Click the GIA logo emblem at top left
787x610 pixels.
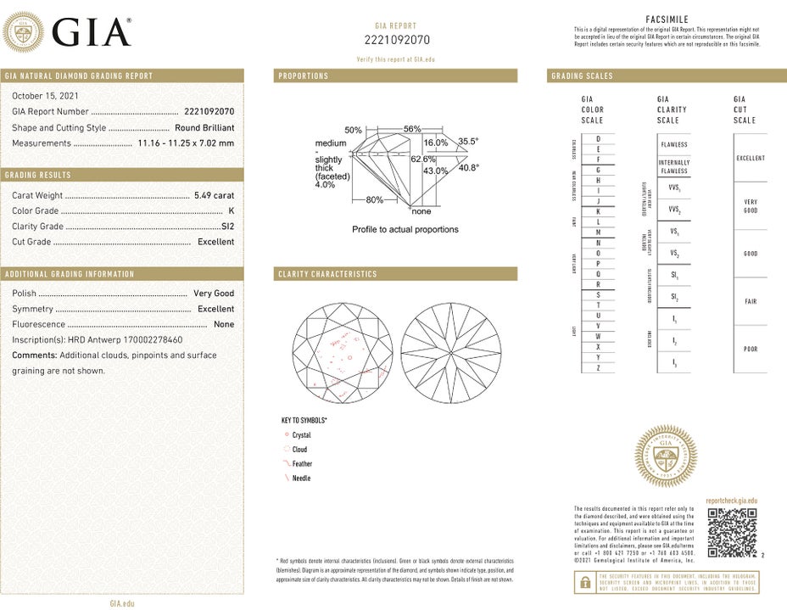coord(25,32)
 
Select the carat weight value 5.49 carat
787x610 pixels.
coord(214,195)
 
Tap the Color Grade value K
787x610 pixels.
coord(231,210)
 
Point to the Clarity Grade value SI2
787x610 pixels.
coord(227,227)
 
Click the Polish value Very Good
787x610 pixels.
coord(214,294)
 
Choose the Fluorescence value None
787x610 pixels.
coord(224,324)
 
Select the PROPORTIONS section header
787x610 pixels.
coord(303,76)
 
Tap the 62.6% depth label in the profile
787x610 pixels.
coord(423,159)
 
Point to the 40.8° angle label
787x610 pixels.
coord(469,168)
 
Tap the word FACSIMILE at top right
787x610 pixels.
coord(667,19)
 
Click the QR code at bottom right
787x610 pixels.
coord(731,533)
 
